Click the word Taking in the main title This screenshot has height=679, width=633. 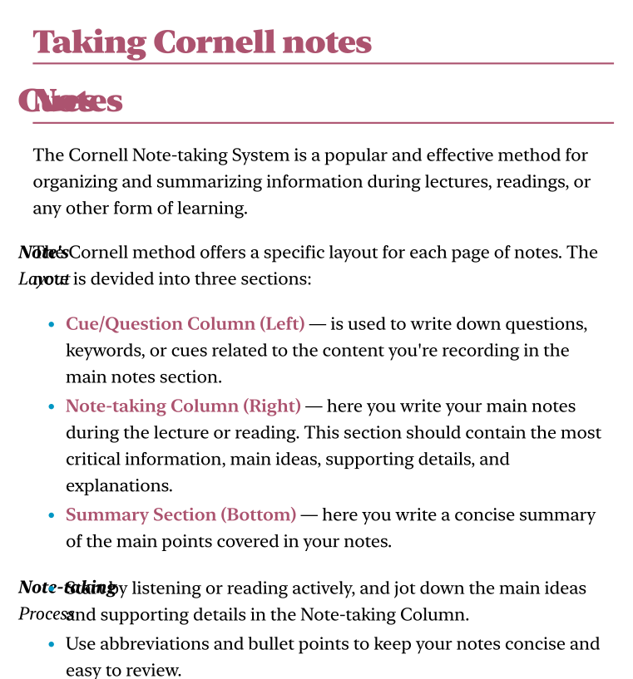(91, 42)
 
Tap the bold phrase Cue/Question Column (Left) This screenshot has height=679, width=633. (185, 324)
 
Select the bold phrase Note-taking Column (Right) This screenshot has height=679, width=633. (183, 406)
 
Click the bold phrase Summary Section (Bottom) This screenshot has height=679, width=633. (181, 515)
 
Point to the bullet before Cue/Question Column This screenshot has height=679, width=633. (52, 325)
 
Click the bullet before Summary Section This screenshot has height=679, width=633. (52, 516)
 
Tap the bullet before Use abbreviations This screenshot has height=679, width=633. (52, 645)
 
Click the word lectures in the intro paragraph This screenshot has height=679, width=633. (461, 182)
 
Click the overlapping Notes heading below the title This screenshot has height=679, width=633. (72, 101)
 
